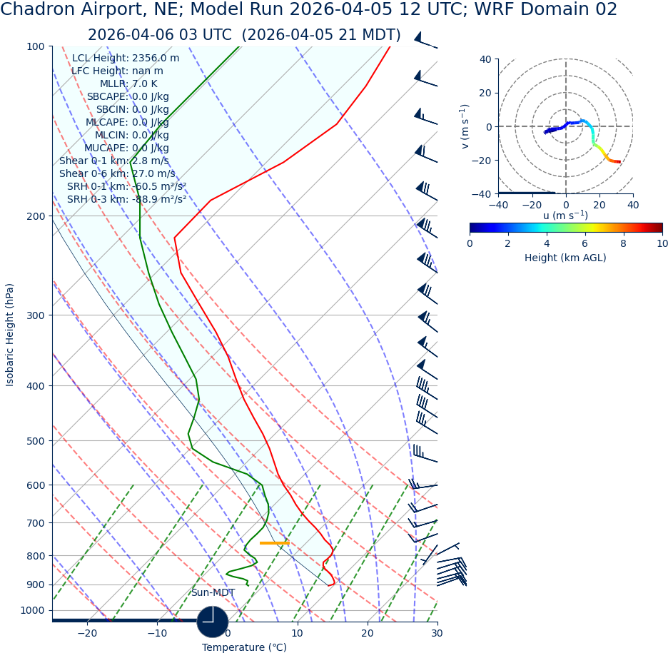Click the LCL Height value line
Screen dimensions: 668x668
click(x=126, y=59)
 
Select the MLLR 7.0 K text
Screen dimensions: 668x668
click(x=128, y=84)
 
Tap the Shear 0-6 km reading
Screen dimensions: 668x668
click(x=117, y=173)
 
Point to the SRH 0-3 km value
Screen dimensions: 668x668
click(x=126, y=199)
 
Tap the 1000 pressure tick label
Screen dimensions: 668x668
click(x=33, y=611)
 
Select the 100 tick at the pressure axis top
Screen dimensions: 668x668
click(x=36, y=47)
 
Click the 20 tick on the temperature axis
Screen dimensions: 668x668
click(x=367, y=634)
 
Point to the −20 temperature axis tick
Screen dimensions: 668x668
click(x=86, y=634)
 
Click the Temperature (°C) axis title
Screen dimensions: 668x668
click(x=244, y=648)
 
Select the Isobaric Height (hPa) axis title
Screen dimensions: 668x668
click(x=10, y=335)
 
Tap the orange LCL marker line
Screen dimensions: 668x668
click(x=274, y=543)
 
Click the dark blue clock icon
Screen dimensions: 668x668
click(x=212, y=622)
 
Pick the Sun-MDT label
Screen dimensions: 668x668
click(x=213, y=593)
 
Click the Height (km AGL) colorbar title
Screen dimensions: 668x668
click(x=565, y=258)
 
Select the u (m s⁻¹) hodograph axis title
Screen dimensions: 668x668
click(x=565, y=216)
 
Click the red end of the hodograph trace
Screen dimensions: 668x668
click(x=618, y=162)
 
